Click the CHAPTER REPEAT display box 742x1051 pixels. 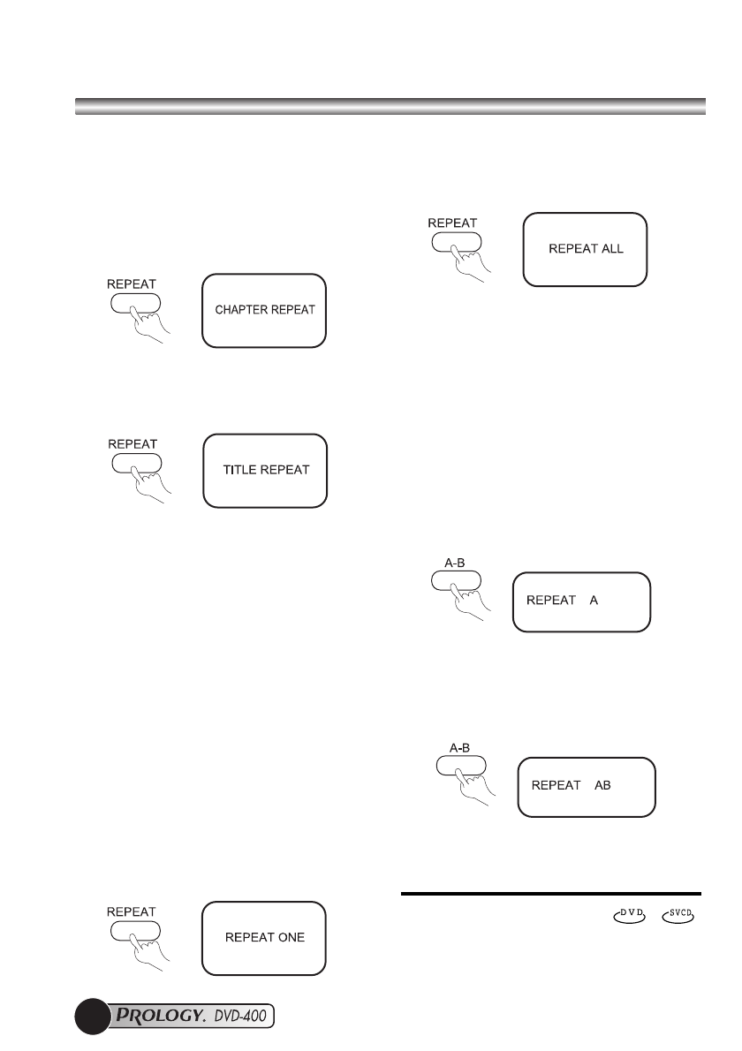264,310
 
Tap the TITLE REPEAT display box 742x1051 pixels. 265,470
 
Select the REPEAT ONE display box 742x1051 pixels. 265,937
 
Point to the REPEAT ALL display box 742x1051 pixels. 586,249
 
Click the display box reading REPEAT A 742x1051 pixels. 581,601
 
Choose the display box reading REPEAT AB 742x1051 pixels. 586,786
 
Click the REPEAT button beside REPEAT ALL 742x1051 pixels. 456,242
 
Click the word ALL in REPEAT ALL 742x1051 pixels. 610,249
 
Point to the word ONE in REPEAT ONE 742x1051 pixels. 290,937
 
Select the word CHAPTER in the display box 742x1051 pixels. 243,311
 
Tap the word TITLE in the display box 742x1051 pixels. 236,470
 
